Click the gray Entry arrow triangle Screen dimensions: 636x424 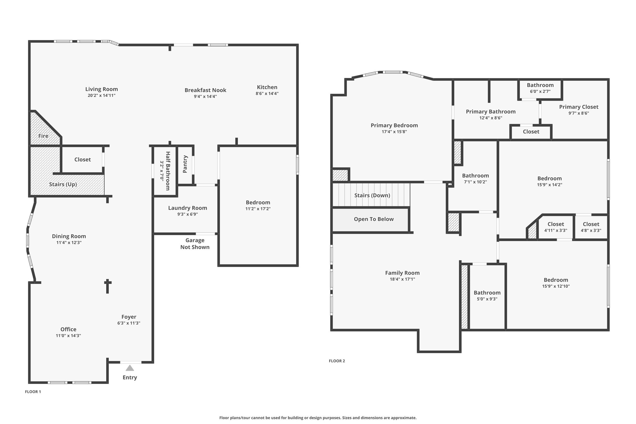[x=130, y=368]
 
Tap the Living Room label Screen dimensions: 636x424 [x=102, y=89]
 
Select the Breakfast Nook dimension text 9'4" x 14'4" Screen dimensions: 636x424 [x=205, y=97]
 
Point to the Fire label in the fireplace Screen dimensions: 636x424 [x=43, y=136]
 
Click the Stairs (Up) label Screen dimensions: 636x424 [x=63, y=184]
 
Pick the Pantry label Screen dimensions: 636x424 [x=185, y=164]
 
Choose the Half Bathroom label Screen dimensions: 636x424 [x=168, y=171]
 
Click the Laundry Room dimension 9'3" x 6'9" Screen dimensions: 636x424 [x=188, y=214]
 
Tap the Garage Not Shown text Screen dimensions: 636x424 [x=195, y=244]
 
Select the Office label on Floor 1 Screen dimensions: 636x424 [x=68, y=329]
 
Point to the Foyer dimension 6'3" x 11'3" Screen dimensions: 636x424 [x=129, y=323]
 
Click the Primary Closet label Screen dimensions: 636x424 [x=579, y=107]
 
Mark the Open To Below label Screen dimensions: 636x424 [x=374, y=219]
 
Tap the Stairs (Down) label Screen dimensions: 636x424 [x=372, y=195]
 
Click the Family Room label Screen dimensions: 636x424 [x=402, y=273]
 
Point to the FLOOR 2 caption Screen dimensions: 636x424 [x=337, y=361]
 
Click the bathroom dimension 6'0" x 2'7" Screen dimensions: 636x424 [x=540, y=91]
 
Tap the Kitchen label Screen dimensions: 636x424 [x=267, y=87]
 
